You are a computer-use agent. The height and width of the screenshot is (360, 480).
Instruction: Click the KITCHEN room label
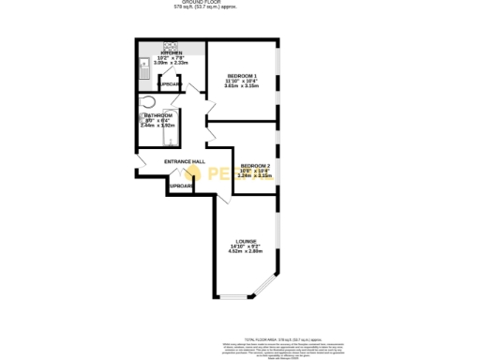click(171, 52)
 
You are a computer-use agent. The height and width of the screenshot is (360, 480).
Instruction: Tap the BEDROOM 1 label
click(242, 75)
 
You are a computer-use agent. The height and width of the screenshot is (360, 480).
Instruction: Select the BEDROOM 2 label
click(256, 164)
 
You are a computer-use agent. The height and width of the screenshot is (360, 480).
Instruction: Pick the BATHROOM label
click(157, 115)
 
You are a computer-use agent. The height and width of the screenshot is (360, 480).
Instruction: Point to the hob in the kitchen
click(174, 45)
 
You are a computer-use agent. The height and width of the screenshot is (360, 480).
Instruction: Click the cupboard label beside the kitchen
click(171, 84)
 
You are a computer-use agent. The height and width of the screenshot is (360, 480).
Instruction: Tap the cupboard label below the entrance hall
click(181, 186)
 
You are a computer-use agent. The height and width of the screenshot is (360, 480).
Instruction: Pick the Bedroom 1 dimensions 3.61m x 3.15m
click(242, 86)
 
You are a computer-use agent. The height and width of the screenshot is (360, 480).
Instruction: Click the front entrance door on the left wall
click(139, 167)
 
